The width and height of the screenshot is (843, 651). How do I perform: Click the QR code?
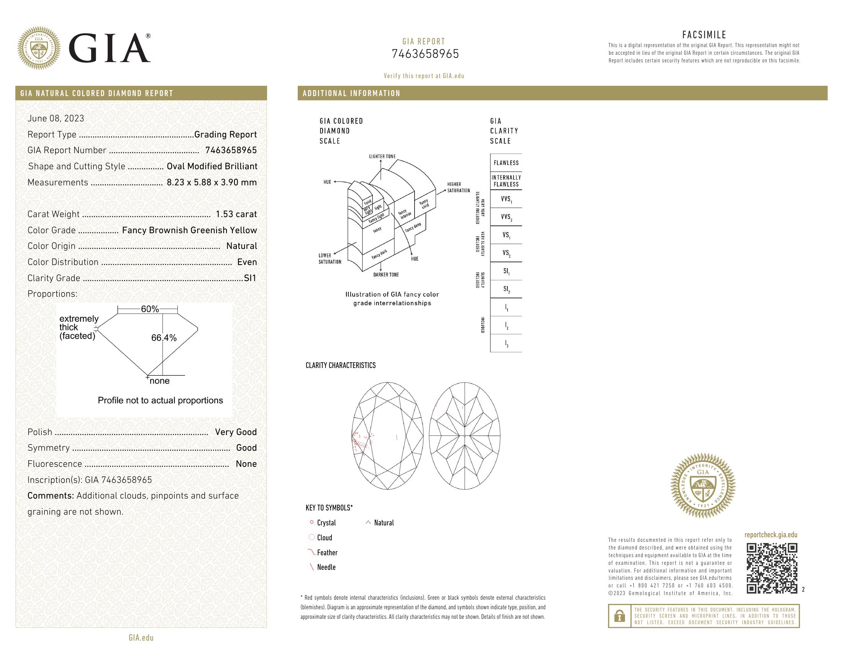pos(772,568)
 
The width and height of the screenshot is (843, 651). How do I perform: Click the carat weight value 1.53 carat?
pos(236,214)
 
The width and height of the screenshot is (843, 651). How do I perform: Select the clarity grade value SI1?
pos(250,278)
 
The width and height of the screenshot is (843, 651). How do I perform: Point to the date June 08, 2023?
pos(56,118)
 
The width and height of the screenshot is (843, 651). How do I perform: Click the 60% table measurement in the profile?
pos(150,309)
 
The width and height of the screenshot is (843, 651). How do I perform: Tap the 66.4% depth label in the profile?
pos(164,338)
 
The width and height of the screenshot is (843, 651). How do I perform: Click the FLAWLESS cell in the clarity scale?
pos(506,163)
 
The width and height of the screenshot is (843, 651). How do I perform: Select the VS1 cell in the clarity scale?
pos(506,235)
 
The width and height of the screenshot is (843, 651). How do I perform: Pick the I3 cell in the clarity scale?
pos(506,343)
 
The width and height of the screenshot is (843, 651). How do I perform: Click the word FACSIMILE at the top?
pos(704,35)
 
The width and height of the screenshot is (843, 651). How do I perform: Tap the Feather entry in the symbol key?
pos(327,553)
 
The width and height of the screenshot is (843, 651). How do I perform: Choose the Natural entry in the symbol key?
pos(384,523)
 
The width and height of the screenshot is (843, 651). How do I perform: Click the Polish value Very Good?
pos(236,432)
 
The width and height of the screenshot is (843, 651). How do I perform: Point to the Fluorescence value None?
pos(246,464)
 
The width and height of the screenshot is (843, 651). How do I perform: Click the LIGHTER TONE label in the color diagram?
pos(382,157)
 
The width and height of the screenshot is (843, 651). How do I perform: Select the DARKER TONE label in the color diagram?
pos(385,275)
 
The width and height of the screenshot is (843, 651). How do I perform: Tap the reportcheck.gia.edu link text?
pos(771,535)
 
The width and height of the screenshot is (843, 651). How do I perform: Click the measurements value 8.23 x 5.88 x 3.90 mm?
pos(212,182)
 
